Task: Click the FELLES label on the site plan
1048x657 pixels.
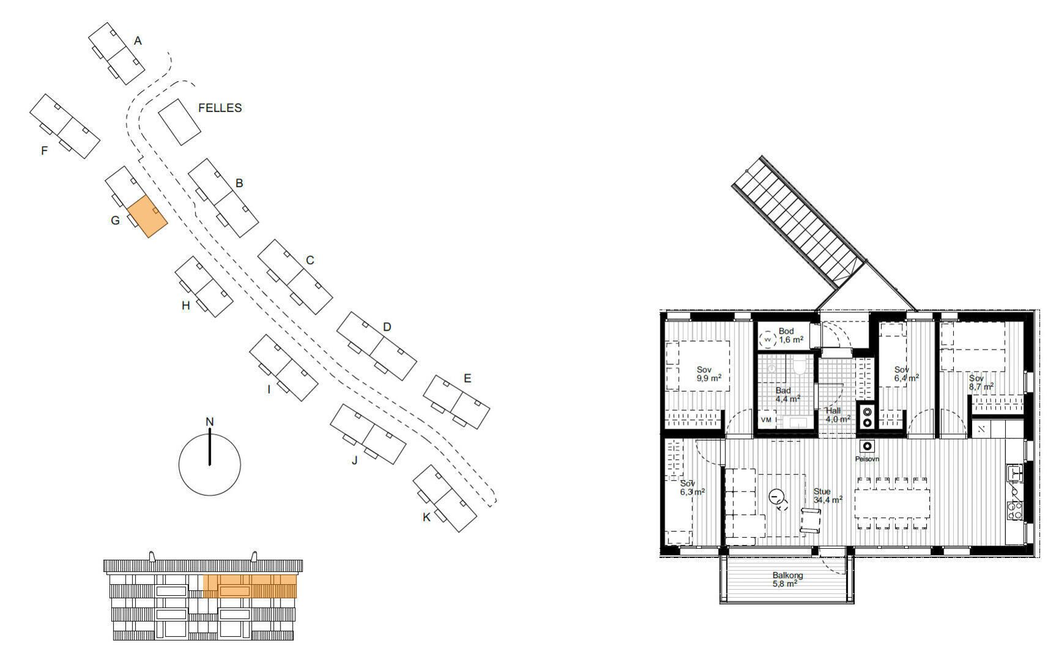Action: [220, 108]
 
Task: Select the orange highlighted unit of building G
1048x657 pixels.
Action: [147, 216]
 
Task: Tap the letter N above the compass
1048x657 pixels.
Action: [210, 422]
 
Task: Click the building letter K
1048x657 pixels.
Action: [426, 517]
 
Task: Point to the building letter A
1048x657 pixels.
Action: [138, 41]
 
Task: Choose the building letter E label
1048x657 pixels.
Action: [467, 378]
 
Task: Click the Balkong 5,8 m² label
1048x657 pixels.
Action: [788, 579]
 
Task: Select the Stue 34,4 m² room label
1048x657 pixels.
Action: [828, 496]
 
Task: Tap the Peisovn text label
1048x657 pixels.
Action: [867, 459]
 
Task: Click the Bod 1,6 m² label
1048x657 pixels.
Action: [791, 336]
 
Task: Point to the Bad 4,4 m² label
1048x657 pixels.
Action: [788, 395]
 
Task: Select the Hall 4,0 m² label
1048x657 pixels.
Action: [838, 415]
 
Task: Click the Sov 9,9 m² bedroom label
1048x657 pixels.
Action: [708, 374]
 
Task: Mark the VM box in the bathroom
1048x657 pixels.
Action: [766, 420]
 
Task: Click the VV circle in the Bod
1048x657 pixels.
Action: [768, 339]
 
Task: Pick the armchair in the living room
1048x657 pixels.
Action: [810, 521]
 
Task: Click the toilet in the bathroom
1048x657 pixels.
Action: [800, 366]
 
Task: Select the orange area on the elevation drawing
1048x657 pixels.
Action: [250, 586]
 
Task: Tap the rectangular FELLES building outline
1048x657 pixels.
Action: [180, 122]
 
